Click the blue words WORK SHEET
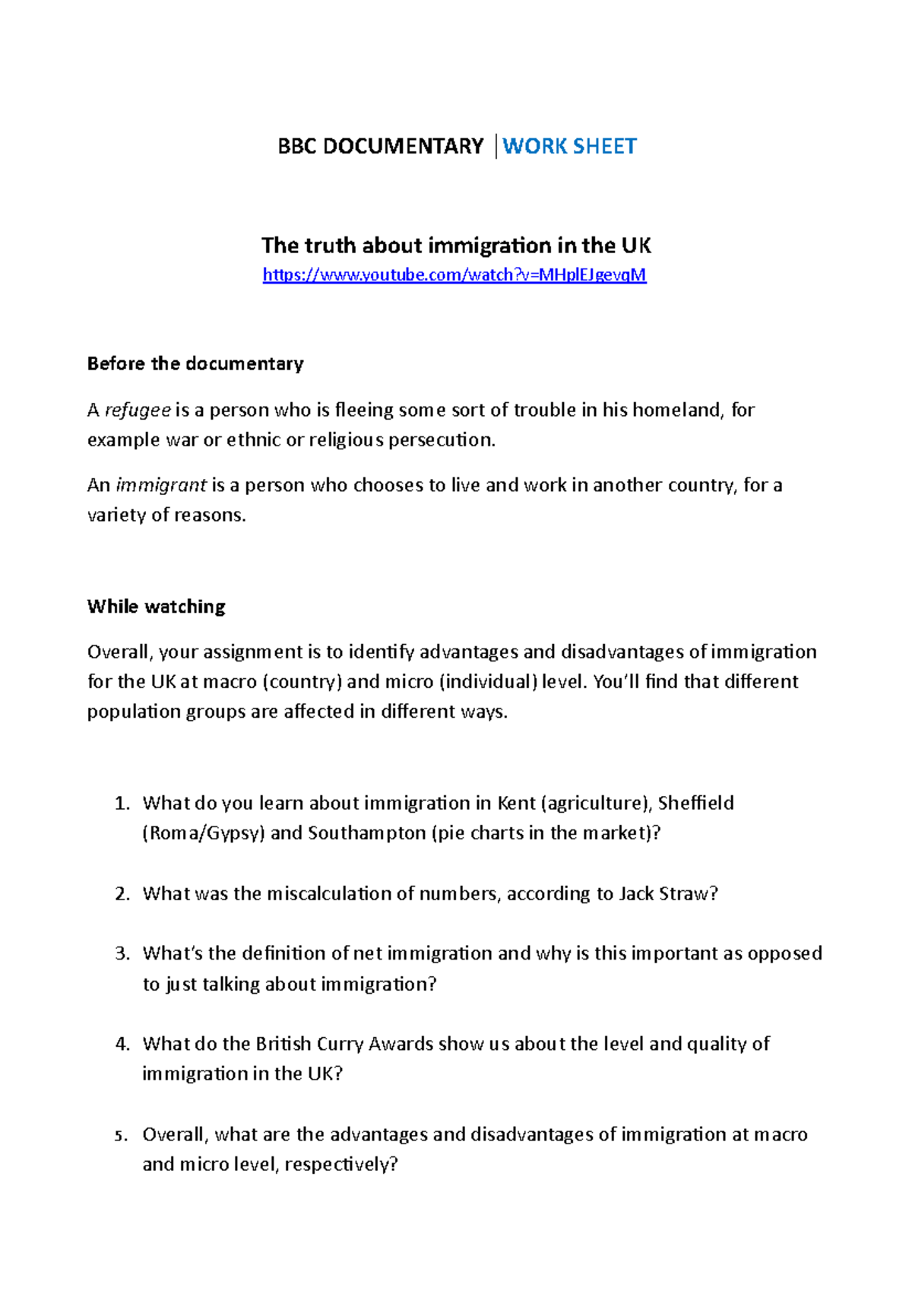[x=569, y=146]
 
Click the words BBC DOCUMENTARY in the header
[x=380, y=146]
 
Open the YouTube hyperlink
[x=454, y=274]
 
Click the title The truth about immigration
[x=456, y=246]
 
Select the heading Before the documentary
[x=195, y=363]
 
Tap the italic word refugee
[x=138, y=411]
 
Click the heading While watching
[x=157, y=607]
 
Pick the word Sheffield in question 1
[x=695, y=804]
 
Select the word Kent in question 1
[x=516, y=804]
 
